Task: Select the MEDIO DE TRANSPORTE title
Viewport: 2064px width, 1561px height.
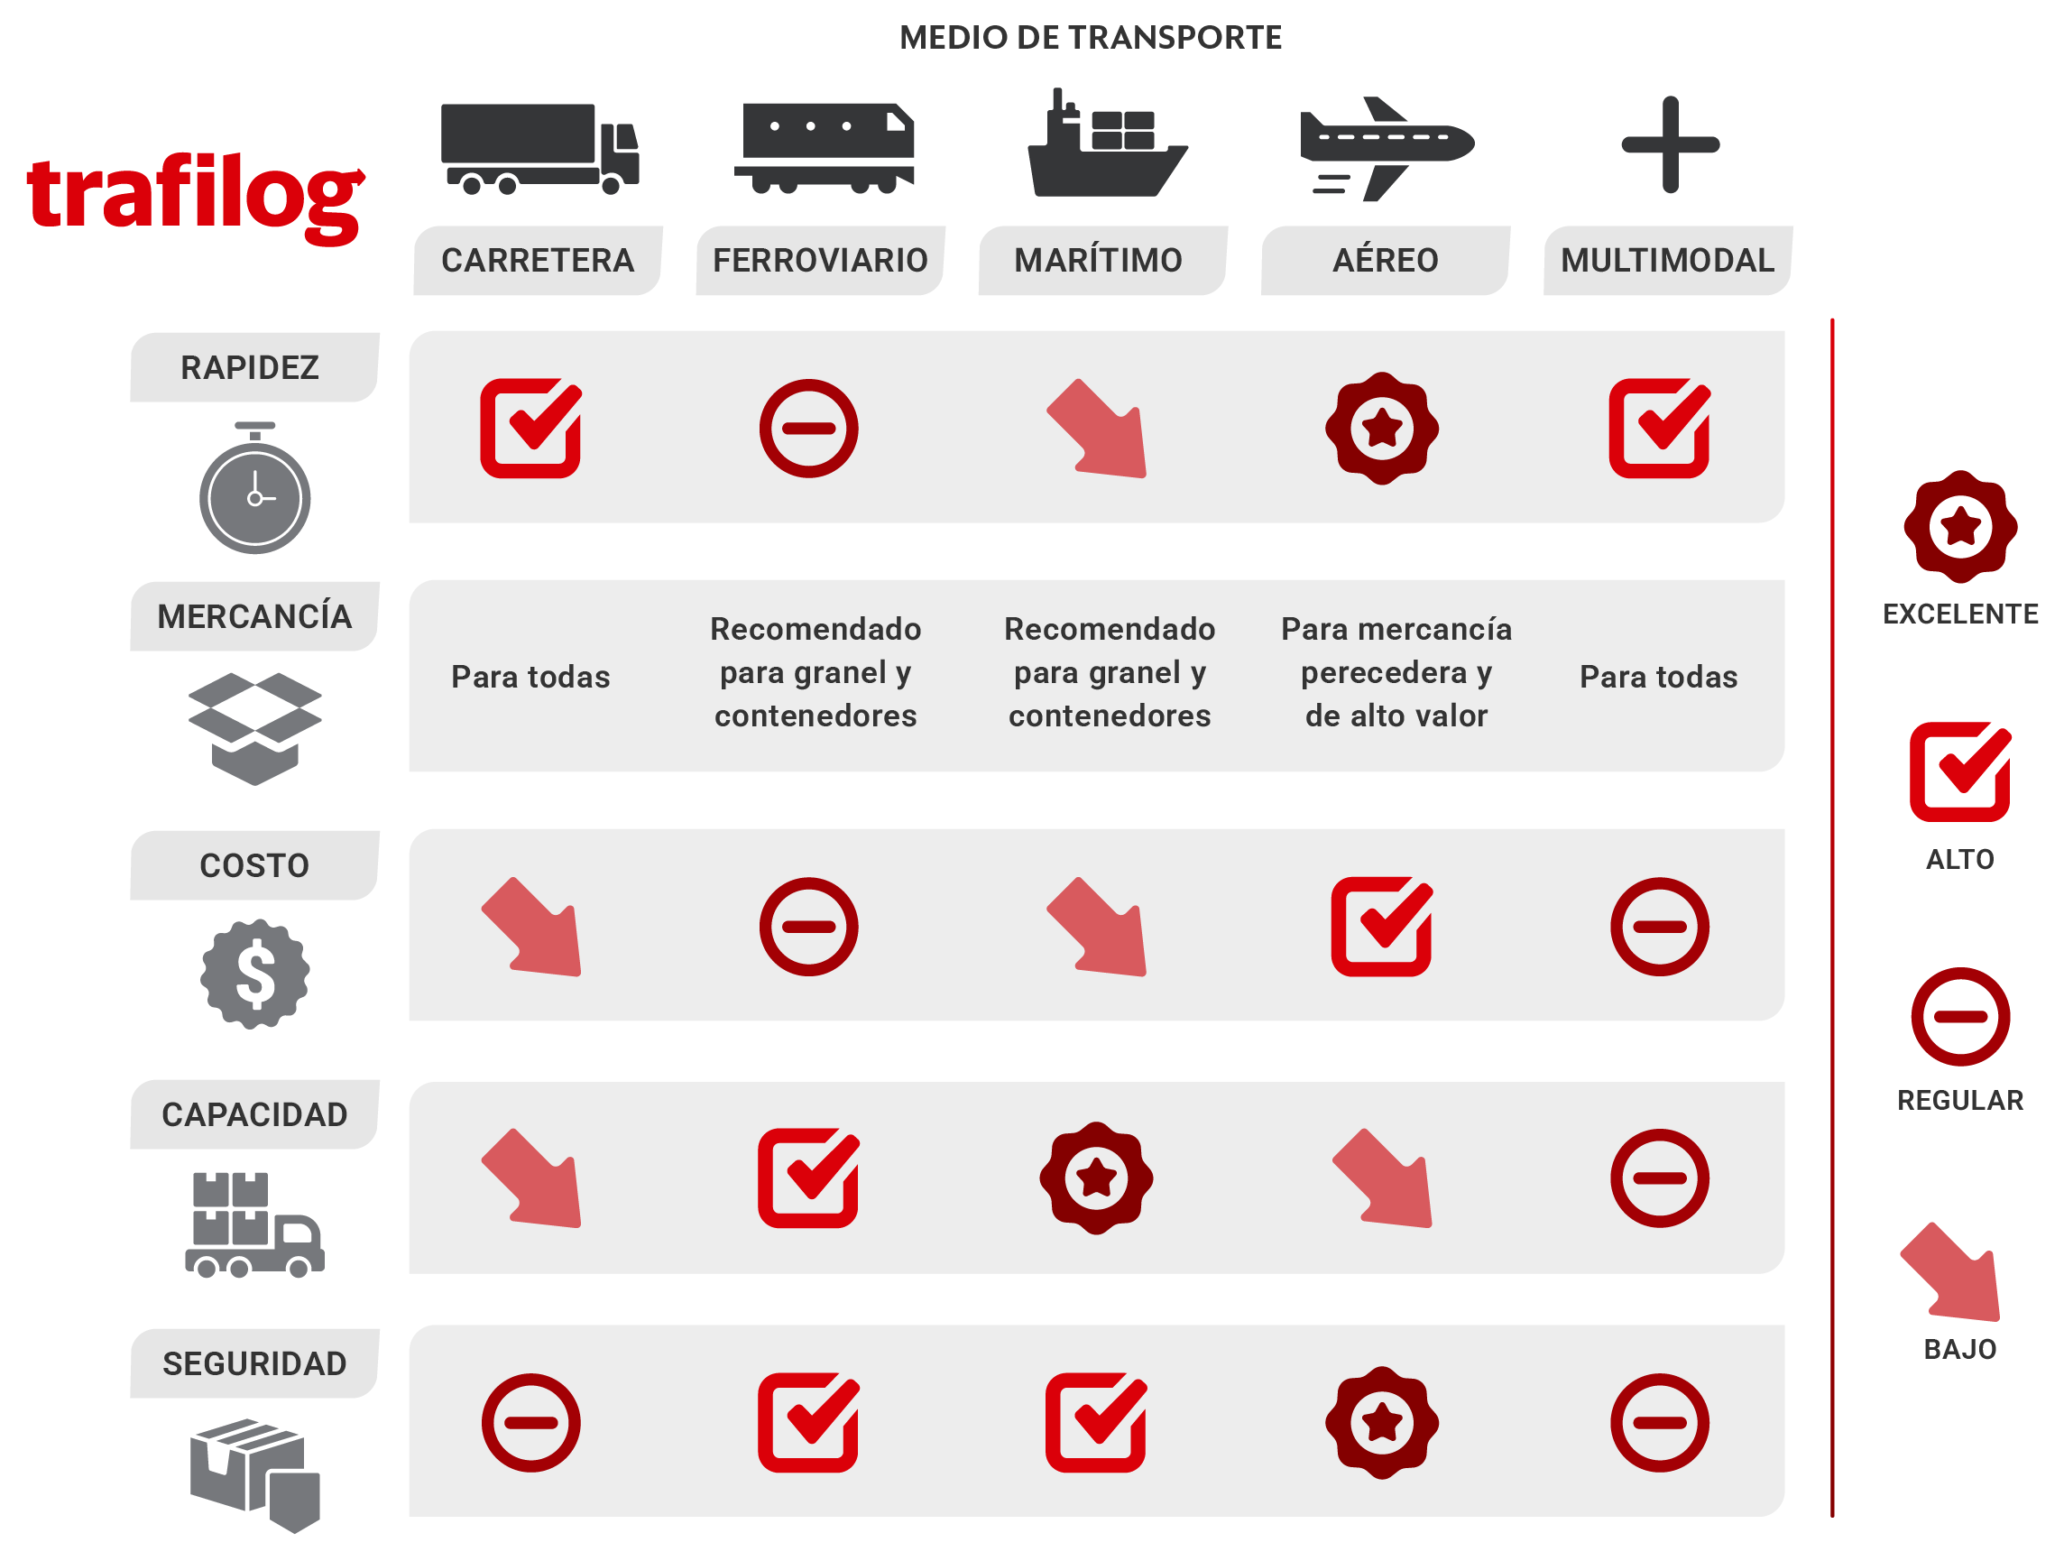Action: pos(1090,37)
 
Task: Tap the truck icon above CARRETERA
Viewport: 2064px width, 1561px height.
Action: pos(539,148)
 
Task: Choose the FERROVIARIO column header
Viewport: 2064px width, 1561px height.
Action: pos(820,261)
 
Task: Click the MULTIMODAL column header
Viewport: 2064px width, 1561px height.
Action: pos(1667,261)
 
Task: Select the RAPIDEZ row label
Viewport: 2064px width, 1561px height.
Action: pos(250,367)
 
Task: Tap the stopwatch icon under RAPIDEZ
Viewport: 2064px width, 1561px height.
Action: pos(254,489)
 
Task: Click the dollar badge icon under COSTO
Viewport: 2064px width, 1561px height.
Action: pos(254,974)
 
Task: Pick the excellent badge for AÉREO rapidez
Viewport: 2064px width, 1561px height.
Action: pos(1382,430)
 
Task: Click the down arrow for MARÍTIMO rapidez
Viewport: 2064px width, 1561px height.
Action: pos(1098,430)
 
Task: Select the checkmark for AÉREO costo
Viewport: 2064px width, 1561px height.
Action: pos(1382,927)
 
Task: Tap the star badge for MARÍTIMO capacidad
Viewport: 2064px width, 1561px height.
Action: pos(1096,1178)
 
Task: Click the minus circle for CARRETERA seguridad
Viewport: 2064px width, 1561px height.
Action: pos(531,1423)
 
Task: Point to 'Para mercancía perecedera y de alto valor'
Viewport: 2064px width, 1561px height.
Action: pos(1396,673)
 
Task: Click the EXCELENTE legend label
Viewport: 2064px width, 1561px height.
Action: pos(1960,614)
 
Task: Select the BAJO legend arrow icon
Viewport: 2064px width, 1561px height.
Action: pos(1951,1272)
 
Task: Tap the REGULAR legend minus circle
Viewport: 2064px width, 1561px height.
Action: pos(1960,1017)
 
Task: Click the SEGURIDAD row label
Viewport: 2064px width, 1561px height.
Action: pos(254,1364)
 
